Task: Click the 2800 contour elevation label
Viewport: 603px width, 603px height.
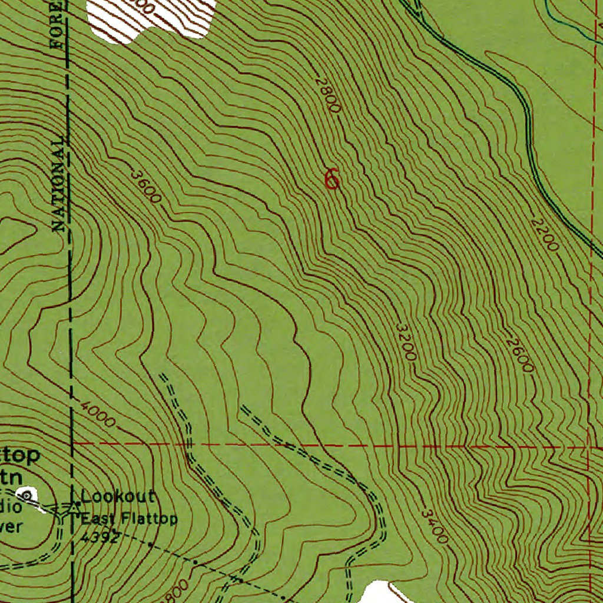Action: (x=328, y=95)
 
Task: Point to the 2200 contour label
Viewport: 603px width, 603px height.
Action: (x=543, y=235)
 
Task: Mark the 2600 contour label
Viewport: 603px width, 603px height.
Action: (x=519, y=355)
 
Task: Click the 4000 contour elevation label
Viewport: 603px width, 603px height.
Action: (x=98, y=414)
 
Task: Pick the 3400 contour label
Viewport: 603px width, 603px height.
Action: (x=435, y=526)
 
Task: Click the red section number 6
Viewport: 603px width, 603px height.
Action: (x=332, y=178)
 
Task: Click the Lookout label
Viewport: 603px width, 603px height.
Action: (x=118, y=496)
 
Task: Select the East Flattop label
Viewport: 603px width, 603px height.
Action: (x=129, y=519)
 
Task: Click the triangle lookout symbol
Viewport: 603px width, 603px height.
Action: (x=75, y=505)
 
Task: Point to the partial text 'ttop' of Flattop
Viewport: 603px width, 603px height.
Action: (x=20, y=455)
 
